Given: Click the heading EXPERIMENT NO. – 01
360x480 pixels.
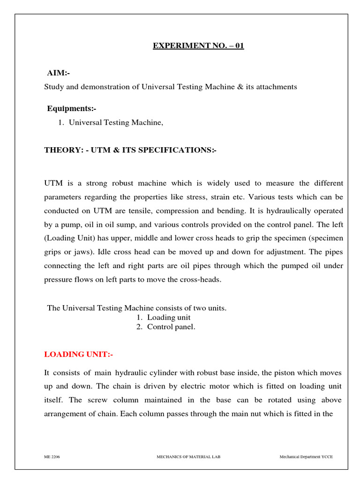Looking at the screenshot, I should click(198, 46).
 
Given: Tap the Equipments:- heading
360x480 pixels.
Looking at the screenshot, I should click(71, 109).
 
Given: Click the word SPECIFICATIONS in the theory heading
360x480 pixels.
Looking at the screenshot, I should click(176, 150).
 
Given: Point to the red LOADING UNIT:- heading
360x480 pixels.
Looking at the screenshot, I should click(78, 354).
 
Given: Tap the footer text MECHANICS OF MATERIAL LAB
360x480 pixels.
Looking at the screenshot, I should click(188, 457).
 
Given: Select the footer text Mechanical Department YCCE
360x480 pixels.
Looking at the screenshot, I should click(306, 457).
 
